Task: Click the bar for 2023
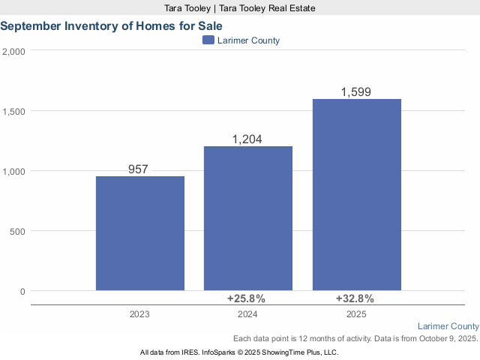[x=140, y=233]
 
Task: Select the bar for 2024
[x=248, y=218]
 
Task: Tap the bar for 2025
[x=356, y=194]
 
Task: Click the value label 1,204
[x=248, y=139]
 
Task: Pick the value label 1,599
[x=356, y=92]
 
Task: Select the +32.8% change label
[x=356, y=298]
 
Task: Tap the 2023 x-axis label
[x=140, y=314]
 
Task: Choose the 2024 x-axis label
[x=248, y=314]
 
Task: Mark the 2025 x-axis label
[x=356, y=314]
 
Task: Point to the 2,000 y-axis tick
[x=13, y=51]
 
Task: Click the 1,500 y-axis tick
[x=13, y=111]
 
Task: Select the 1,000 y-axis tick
[x=13, y=171]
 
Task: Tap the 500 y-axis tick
[x=17, y=231]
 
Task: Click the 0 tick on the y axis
[x=22, y=291]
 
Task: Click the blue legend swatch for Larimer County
[x=208, y=40]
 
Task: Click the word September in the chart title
[x=31, y=25]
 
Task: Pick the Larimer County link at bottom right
[x=448, y=326]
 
